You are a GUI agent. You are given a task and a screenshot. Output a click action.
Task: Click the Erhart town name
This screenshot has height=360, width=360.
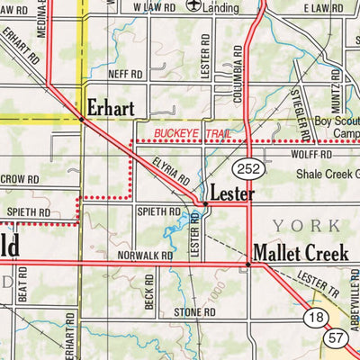[x=112, y=109]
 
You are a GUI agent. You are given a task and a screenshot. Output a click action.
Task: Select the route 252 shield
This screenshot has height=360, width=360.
[x=247, y=169]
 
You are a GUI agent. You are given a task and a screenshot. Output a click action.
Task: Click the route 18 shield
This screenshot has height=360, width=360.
[x=315, y=317]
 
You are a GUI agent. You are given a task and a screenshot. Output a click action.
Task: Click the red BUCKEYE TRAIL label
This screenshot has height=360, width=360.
[x=192, y=133]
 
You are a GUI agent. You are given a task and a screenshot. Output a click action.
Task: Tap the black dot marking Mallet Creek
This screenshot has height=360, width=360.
[x=248, y=264]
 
